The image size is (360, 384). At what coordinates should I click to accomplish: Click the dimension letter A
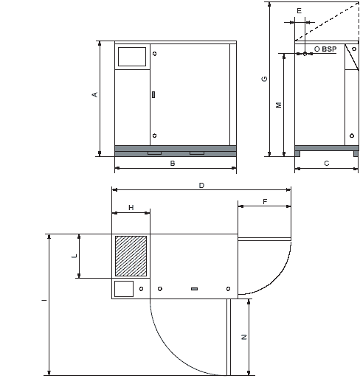tap(95, 94)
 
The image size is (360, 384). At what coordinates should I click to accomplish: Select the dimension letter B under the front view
tap(173, 163)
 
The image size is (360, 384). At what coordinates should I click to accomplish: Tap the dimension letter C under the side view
tap(326, 163)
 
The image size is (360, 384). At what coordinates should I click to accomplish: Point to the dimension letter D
tap(201, 185)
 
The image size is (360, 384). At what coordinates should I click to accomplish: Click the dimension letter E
tap(299, 10)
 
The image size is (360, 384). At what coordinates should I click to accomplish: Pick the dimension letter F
tap(265, 201)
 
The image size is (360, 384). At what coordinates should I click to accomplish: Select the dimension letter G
tap(264, 79)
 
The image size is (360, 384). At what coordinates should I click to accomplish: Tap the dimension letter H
tap(131, 208)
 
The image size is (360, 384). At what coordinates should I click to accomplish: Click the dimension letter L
tap(75, 256)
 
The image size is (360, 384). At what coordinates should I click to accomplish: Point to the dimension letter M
tap(279, 105)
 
